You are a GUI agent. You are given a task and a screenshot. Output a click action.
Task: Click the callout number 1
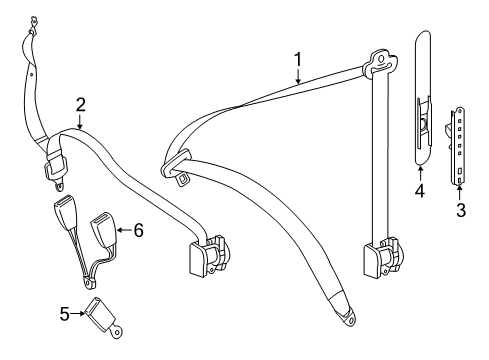(x=298, y=60)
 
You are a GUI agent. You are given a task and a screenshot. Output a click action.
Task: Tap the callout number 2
(x=81, y=105)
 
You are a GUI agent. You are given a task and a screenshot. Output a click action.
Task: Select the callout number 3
(x=461, y=210)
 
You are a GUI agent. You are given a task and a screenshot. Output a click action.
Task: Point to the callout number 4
(x=420, y=191)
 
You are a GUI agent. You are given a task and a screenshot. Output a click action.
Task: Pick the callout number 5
(x=65, y=314)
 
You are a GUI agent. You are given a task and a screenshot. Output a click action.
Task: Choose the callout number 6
(x=139, y=230)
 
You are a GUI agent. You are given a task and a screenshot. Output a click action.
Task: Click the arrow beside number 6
(x=124, y=230)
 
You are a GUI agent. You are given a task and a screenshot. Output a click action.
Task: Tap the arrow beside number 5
(x=77, y=313)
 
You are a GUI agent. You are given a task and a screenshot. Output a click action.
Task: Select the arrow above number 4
(x=420, y=174)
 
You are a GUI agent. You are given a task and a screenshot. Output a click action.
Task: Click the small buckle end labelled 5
(x=102, y=317)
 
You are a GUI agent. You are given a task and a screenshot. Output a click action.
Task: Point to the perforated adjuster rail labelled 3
(x=457, y=145)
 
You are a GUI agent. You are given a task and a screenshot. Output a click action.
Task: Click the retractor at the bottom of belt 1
(x=383, y=257)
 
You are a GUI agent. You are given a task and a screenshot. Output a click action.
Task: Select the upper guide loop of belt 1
(x=380, y=63)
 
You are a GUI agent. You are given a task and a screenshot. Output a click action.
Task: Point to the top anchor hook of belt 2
(x=33, y=24)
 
